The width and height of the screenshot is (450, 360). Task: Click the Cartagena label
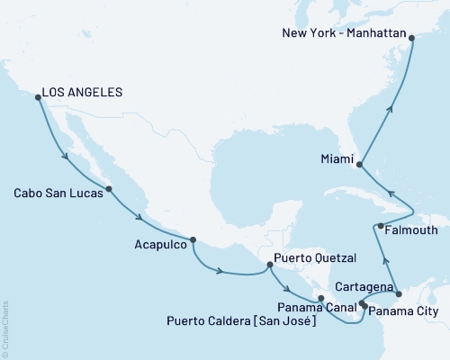[x=364, y=286]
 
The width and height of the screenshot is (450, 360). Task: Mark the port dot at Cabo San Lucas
[x=109, y=189]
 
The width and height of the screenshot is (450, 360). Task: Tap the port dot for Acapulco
[x=193, y=239]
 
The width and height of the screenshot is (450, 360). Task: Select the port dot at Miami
[x=360, y=165]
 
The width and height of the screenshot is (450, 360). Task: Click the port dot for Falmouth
[x=381, y=226]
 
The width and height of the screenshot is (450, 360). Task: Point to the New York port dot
[x=411, y=38]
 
